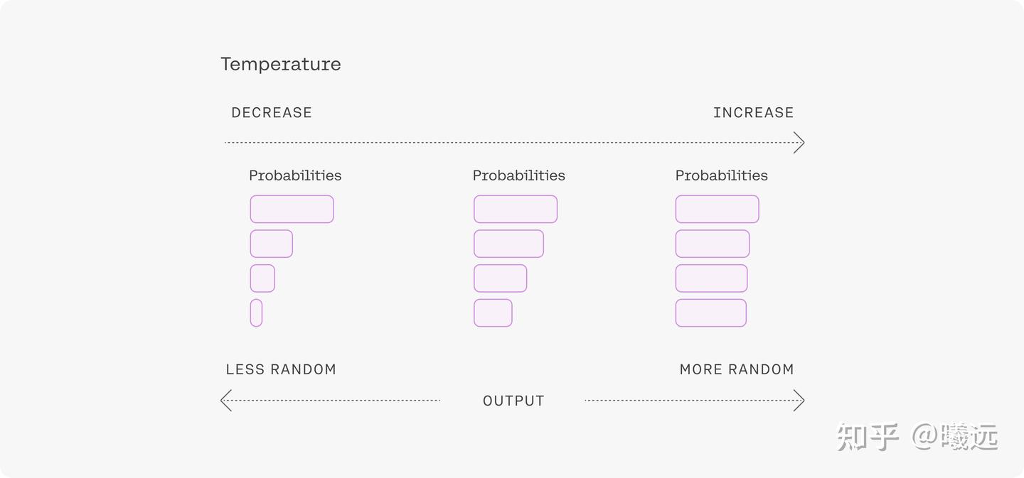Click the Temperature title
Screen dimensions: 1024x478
coord(281,64)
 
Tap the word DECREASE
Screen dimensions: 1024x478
coord(272,112)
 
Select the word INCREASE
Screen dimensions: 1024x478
coord(753,112)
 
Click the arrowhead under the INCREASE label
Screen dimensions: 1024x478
coord(799,143)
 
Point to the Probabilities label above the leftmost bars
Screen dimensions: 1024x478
coord(295,175)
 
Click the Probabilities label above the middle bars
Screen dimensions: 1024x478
coord(519,175)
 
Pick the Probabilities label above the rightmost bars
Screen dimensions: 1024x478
coord(721,175)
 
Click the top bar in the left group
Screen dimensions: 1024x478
coord(292,209)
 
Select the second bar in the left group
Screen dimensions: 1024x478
coord(271,244)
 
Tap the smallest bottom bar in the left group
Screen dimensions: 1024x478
coord(256,313)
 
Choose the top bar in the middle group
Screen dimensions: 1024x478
coord(516,209)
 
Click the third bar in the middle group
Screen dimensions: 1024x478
coord(500,278)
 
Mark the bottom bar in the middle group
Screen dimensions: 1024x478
coord(493,313)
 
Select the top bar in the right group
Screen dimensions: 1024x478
coord(718,209)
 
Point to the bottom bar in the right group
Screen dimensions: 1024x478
coord(711,313)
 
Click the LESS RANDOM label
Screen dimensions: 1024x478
coord(281,369)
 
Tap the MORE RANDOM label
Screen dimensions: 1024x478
coord(737,369)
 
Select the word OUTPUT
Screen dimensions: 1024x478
coord(513,401)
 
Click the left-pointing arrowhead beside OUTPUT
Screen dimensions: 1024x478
coord(226,401)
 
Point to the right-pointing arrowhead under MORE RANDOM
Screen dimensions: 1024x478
coord(799,401)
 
